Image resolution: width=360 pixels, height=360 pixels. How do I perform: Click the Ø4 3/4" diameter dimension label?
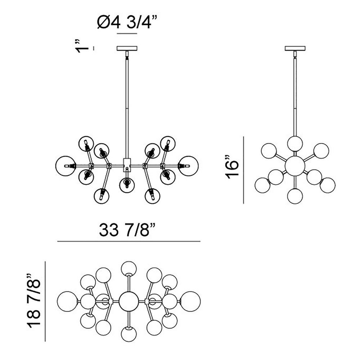click(127, 22)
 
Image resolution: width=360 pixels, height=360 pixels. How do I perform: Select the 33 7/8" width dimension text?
click(127, 230)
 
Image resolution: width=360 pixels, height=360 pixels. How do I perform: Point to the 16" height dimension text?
click(232, 167)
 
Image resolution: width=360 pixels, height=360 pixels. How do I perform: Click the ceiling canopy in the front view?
click(127, 49)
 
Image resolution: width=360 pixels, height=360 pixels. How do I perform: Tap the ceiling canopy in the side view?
click(295, 49)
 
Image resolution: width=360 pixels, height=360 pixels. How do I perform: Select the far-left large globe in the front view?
click(66, 166)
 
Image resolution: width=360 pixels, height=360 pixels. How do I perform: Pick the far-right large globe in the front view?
click(189, 166)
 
